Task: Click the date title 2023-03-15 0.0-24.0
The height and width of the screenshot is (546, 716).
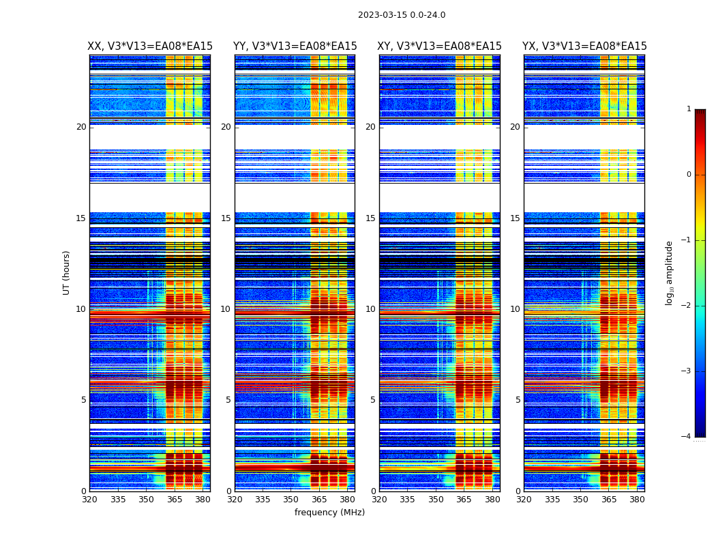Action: click(402, 15)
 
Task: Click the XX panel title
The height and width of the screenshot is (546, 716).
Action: click(150, 46)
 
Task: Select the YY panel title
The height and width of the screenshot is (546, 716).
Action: click(295, 46)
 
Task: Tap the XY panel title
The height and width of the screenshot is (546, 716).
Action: click(440, 46)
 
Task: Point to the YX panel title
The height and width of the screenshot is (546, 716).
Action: click(584, 46)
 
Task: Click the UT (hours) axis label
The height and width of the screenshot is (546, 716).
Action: click(67, 272)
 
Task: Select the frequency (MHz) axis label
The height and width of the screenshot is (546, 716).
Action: click(329, 513)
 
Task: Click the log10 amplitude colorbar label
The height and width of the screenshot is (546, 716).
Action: click(670, 272)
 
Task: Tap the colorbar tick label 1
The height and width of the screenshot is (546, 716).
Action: click(689, 109)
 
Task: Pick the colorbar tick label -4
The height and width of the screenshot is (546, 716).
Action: click(687, 437)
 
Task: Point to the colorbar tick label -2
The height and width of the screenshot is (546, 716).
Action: click(687, 306)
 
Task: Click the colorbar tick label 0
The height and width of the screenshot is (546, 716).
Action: click(689, 175)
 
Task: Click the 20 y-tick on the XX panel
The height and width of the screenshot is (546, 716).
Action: click(81, 127)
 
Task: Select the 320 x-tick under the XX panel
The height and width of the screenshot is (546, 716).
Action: click(89, 500)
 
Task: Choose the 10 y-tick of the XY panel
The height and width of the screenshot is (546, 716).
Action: click(370, 309)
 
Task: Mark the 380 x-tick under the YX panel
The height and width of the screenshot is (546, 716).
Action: click(637, 500)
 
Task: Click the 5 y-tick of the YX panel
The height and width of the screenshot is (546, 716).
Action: click(518, 400)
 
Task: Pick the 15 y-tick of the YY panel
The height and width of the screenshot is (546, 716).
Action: click(226, 218)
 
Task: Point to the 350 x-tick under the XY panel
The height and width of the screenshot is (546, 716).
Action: click(436, 500)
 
